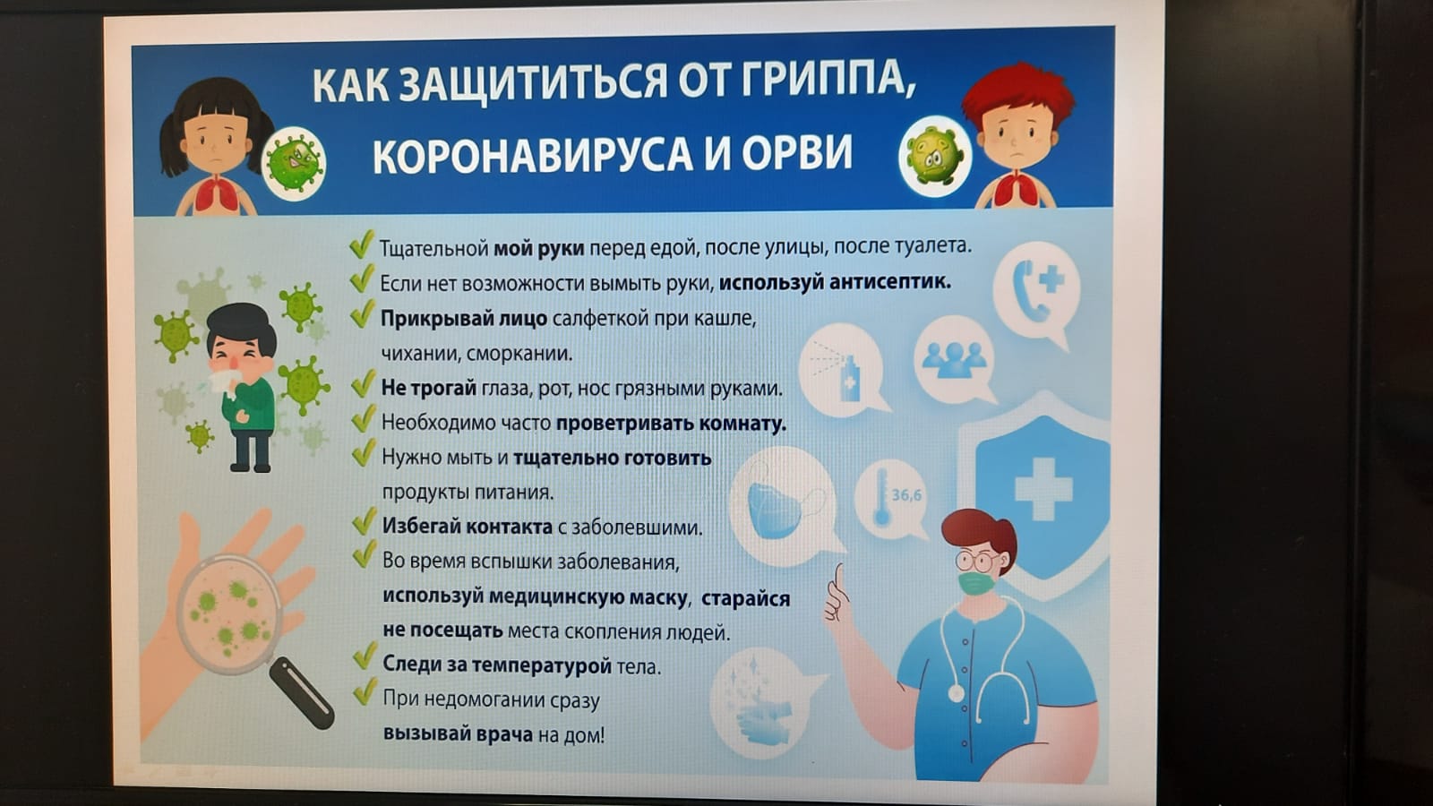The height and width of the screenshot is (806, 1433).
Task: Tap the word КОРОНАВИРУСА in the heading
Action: [x=532, y=154]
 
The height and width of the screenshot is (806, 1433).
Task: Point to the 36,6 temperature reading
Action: [x=906, y=495]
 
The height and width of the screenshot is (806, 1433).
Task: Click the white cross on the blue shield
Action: [x=1043, y=489]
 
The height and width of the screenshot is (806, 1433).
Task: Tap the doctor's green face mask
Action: [x=977, y=584]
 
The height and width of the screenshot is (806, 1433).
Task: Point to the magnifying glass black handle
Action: [x=301, y=694]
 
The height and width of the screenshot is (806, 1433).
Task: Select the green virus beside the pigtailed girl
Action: [x=294, y=162]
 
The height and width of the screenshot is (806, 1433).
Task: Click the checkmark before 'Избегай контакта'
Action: [x=364, y=521]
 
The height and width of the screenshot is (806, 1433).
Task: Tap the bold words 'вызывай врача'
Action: [x=458, y=733]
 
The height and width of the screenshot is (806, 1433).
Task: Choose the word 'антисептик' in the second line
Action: [x=890, y=282]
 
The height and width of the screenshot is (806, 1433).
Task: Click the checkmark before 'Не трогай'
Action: [x=363, y=383]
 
